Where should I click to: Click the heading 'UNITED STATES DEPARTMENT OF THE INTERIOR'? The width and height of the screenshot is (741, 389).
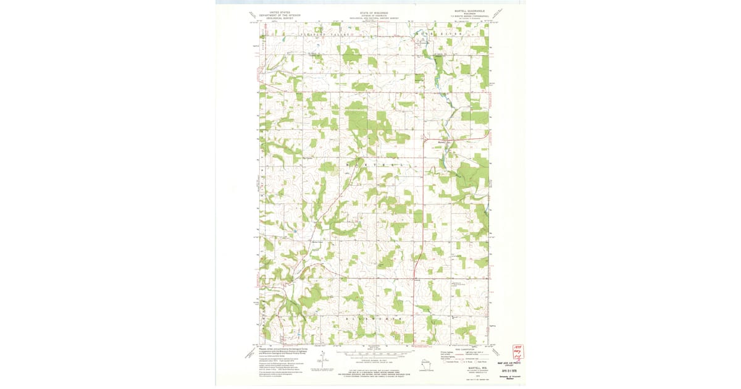click(280, 14)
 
